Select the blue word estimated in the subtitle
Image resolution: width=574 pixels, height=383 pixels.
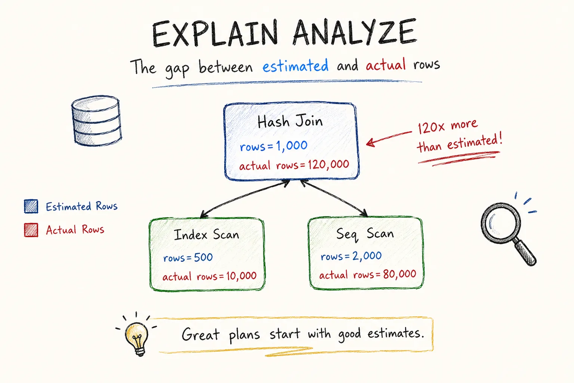(295, 65)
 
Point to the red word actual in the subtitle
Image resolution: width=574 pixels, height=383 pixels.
(386, 64)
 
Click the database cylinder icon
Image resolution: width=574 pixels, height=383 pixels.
(96, 121)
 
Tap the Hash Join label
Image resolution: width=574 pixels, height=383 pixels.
(290, 121)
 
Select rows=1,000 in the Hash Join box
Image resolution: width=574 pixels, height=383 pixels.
(274, 146)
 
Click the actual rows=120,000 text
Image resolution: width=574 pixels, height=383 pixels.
(294, 165)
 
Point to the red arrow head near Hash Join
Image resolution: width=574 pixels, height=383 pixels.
(371, 143)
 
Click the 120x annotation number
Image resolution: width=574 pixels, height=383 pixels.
(431, 128)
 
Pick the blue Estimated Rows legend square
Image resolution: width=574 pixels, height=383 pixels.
(31, 206)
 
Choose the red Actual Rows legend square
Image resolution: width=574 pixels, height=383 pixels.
(31, 230)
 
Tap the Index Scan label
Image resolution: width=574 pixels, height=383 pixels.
(206, 235)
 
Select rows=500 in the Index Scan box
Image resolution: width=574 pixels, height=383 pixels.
(188, 257)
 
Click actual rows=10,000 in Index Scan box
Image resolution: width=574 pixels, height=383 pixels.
(209, 276)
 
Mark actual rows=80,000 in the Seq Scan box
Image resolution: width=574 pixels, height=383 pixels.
(367, 275)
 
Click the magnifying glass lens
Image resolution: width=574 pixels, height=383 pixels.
(500, 223)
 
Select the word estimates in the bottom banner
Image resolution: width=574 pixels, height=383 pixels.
(396, 334)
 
